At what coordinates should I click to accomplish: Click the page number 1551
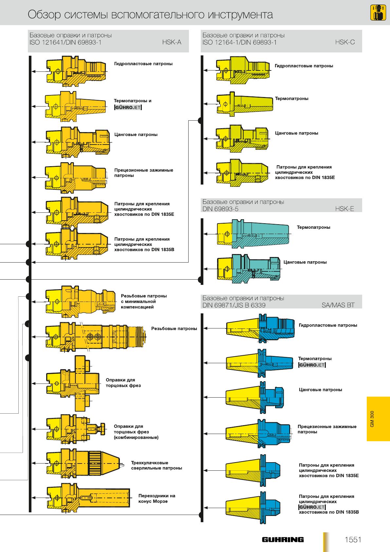click(x=353, y=540)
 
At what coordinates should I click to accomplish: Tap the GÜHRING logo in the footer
click(x=283, y=540)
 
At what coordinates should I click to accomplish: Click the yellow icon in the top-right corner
click(x=378, y=12)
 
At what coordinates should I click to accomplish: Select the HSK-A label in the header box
click(x=172, y=42)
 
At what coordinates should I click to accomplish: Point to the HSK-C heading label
click(x=345, y=42)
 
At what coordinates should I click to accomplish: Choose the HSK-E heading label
click(x=344, y=209)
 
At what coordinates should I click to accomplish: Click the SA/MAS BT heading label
click(x=338, y=305)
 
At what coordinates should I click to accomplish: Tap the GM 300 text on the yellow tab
click(x=372, y=419)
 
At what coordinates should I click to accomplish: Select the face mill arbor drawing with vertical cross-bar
click(x=73, y=384)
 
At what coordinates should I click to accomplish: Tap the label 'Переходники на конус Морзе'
click(x=157, y=498)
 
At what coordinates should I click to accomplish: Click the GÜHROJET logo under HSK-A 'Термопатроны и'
click(x=128, y=108)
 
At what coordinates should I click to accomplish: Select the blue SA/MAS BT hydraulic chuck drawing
click(x=260, y=328)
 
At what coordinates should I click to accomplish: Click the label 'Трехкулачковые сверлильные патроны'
click(x=156, y=465)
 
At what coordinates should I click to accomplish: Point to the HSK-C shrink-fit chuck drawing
click(x=245, y=104)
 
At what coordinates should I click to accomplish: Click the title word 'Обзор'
click(x=44, y=14)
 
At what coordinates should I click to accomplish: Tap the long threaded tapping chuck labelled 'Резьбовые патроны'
click(x=96, y=337)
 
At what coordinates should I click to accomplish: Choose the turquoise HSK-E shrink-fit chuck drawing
click(x=253, y=234)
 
